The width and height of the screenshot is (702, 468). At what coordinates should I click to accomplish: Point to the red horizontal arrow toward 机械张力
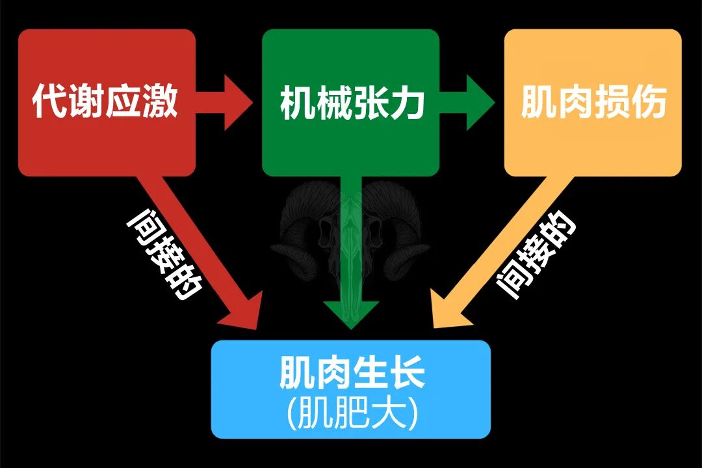224,102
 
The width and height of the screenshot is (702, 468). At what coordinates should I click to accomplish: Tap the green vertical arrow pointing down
351,260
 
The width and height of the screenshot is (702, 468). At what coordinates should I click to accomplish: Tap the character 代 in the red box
50,102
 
